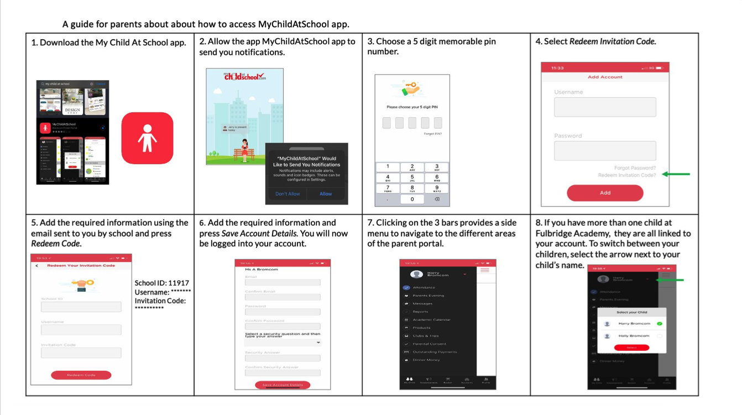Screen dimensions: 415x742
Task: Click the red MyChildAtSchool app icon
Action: coord(147,138)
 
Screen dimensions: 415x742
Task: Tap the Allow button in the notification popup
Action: coord(326,194)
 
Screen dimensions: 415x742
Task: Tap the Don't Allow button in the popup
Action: coord(288,194)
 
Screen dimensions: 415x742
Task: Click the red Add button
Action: coord(605,193)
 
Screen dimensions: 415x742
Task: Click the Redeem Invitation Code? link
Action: coord(626,175)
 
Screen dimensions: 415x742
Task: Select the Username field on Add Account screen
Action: coord(605,107)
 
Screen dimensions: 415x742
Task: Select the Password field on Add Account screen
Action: coord(605,151)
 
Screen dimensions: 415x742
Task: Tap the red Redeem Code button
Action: coord(81,375)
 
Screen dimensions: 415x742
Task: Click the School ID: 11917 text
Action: coord(161,283)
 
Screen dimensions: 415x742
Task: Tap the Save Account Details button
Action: coord(283,385)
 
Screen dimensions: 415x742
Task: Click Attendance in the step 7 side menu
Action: coord(424,287)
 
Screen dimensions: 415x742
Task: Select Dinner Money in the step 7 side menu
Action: coord(426,360)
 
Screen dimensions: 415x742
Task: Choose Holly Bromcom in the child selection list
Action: coord(634,336)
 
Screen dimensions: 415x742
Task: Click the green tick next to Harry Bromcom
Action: coord(660,323)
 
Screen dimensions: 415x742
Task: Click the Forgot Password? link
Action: coord(635,168)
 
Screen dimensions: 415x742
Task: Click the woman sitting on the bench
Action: coord(244,150)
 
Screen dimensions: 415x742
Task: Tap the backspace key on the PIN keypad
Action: coord(437,199)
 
